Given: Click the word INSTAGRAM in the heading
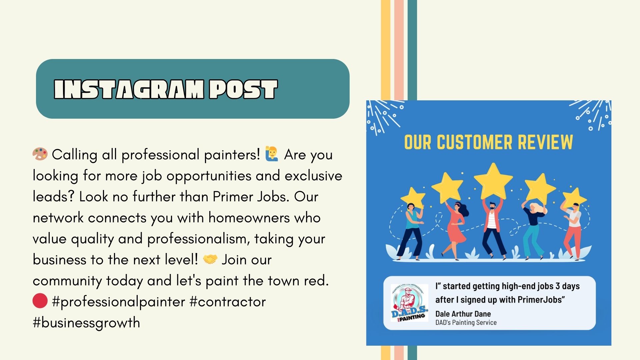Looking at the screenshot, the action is (x=129, y=89).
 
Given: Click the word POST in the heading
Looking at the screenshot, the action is (x=243, y=89).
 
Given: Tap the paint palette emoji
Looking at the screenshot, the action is (x=40, y=154).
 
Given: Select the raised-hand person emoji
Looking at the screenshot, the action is (x=272, y=154).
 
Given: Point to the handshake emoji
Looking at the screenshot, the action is (x=210, y=259).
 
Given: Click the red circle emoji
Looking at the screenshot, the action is (x=40, y=301).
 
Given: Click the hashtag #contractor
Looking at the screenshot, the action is (x=228, y=302).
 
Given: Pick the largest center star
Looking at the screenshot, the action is (x=493, y=181).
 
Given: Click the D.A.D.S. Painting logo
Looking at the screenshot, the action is (x=409, y=303).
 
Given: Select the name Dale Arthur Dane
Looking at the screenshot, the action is (x=463, y=314).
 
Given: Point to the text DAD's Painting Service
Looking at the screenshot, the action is (x=466, y=322).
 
